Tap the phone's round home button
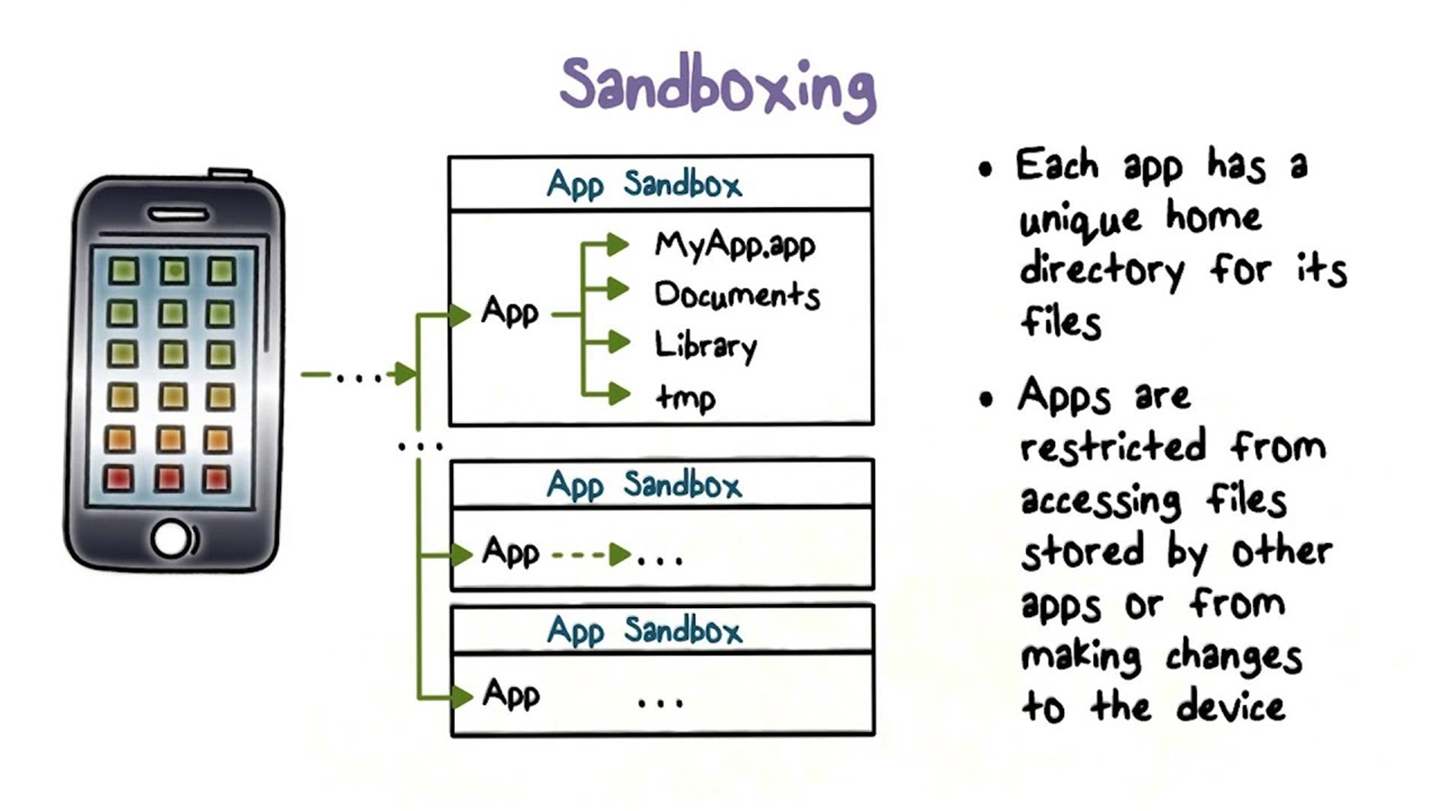pos(172,538)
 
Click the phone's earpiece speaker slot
pos(178,215)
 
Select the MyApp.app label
pos(734,245)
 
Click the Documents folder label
pos(737,294)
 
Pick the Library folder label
pos(706,345)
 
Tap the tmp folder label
pos(686,397)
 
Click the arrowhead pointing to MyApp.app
pos(619,244)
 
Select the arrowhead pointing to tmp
pos(619,393)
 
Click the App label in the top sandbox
pos(510,312)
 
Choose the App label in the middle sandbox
pos(511,552)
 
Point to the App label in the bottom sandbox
pos(511,694)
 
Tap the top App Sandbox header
pos(644,185)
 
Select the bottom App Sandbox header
pos(644,630)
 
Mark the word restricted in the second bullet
pos(1113,447)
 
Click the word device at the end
pos(1230,707)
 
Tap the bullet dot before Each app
pos(985,169)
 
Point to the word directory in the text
pos(1101,270)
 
